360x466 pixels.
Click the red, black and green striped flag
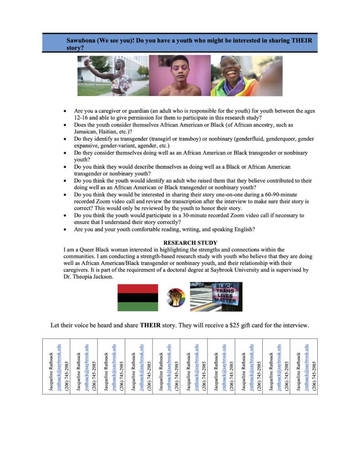point(138,297)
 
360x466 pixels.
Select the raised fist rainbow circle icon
point(175,298)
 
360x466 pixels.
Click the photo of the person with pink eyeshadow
point(180,76)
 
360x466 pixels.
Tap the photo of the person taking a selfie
point(113,76)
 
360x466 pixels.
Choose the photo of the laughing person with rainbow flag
point(246,76)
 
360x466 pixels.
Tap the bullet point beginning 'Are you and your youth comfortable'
point(164,229)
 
